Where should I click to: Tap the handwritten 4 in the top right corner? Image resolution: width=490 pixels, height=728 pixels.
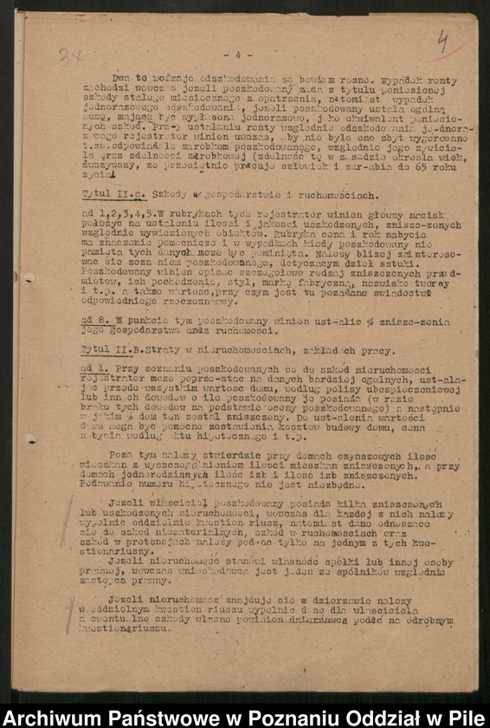pyautogui.click(x=443, y=42)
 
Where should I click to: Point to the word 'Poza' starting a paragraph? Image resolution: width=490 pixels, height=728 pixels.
pyautogui.click(x=122, y=452)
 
